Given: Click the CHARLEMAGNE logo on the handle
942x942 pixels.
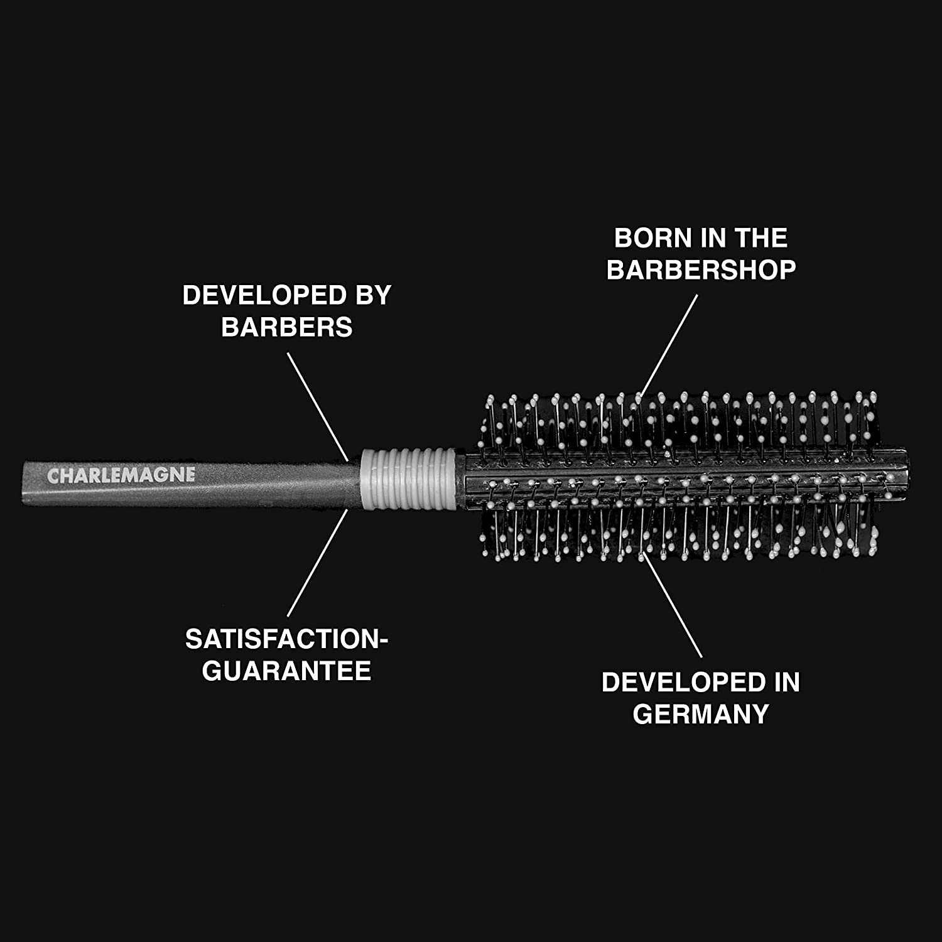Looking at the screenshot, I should pyautogui.click(x=121, y=475).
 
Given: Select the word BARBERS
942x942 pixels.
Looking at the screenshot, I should pyautogui.click(x=287, y=327).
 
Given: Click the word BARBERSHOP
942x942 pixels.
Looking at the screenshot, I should pyautogui.click(x=701, y=270).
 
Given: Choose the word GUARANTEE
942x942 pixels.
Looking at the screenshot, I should pyautogui.click(x=287, y=671).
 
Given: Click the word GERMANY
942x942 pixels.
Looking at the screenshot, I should pyautogui.click(x=701, y=714).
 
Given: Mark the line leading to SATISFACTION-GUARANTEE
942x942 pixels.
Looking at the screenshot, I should pyautogui.click(x=317, y=563).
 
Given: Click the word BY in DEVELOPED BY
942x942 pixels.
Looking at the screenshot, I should pyautogui.click(x=374, y=295).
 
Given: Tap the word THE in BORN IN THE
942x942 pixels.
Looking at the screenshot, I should pyautogui.click(x=761, y=238).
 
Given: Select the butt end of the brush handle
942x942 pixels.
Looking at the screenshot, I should pyautogui.click(x=25, y=482).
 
